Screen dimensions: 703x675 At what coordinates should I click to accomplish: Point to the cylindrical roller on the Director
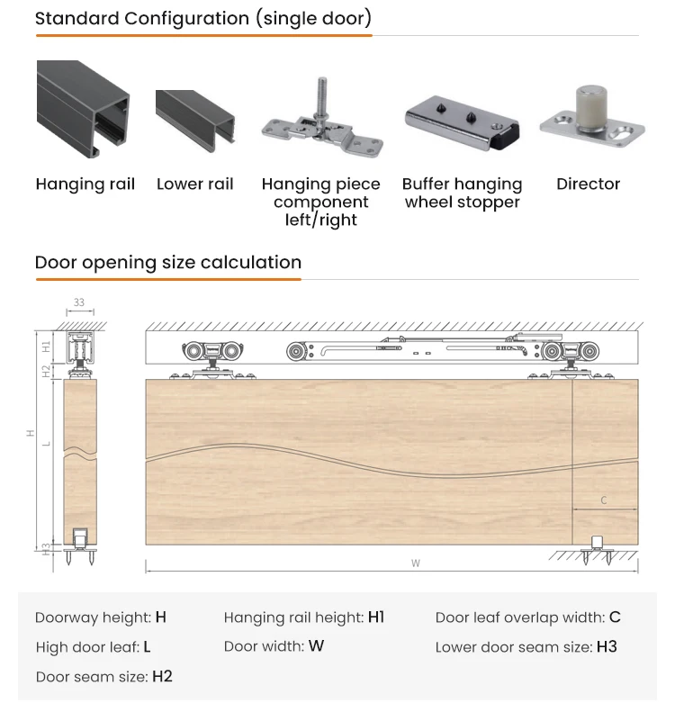[x=589, y=106]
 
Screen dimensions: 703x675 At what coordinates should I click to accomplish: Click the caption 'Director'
[x=588, y=184]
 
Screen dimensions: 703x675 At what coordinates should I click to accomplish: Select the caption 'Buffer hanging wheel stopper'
[x=462, y=193]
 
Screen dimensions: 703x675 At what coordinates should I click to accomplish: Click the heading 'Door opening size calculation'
[x=168, y=263]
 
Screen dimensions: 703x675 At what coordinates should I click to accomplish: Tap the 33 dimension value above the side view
[x=79, y=302]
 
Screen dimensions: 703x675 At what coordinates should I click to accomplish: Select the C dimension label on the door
[x=604, y=500]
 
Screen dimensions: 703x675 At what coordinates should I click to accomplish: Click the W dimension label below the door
[x=416, y=563]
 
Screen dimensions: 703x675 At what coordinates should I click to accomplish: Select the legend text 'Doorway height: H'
[x=101, y=617]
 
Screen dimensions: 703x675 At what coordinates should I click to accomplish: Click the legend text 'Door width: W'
[x=274, y=646]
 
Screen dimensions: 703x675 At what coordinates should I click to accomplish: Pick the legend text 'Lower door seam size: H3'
[x=526, y=646]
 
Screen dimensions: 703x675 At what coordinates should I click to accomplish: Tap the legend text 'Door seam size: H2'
[x=103, y=676]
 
